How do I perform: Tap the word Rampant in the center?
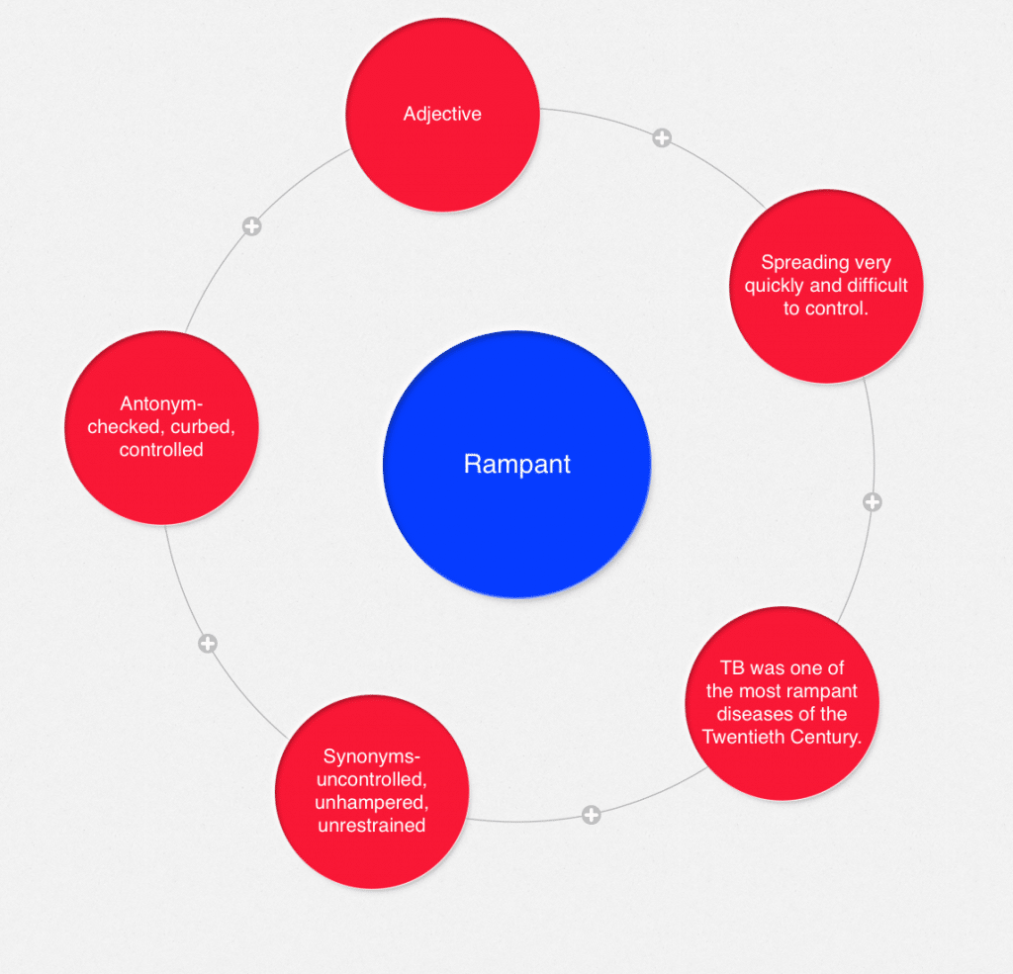point(516,464)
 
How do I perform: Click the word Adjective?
point(442,114)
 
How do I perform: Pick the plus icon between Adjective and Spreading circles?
point(662,138)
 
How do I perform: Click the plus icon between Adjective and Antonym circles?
point(252,226)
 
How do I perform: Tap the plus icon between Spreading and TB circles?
point(872,502)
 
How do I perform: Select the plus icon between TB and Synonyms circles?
point(591,815)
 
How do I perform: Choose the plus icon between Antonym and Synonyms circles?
point(207,644)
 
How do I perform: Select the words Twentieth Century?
point(782,737)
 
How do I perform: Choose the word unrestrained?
point(371,825)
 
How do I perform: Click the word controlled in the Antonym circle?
point(161,449)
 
